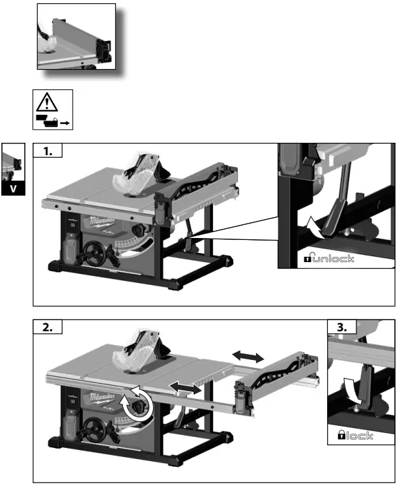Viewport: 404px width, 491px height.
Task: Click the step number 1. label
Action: point(48,152)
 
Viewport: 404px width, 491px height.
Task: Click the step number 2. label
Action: point(48,328)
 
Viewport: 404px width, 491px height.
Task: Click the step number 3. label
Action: point(341,328)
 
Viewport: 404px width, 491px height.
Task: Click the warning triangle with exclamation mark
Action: point(46,102)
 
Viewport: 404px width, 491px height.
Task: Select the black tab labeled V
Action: point(13,189)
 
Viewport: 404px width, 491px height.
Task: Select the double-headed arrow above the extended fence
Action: point(248,355)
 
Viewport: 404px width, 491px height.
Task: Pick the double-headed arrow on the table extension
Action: point(184,387)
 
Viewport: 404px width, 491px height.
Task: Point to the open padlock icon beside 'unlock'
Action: point(309,259)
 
